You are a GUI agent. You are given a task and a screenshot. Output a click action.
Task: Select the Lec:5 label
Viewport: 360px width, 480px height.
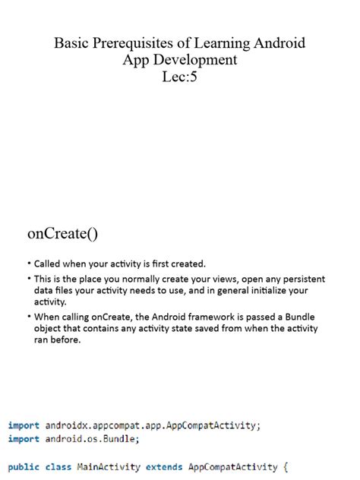click(x=179, y=77)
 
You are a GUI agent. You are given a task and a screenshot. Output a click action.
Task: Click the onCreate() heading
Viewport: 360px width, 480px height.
click(x=63, y=233)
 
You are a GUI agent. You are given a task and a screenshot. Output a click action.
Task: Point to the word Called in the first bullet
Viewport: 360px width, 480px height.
click(x=49, y=264)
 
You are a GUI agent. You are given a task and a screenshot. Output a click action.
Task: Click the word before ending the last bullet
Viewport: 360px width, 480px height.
click(x=66, y=340)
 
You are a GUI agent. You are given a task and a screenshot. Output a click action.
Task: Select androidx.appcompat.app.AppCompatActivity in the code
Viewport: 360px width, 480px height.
click(x=153, y=425)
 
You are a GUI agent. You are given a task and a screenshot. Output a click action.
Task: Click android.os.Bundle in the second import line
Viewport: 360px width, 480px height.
click(x=92, y=439)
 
